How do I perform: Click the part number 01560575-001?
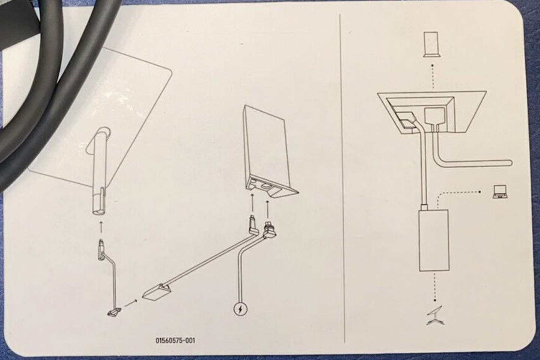(x=175, y=340)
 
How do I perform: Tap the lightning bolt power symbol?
(x=240, y=309)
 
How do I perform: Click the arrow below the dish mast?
(x=101, y=227)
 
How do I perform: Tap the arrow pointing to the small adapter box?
(x=131, y=304)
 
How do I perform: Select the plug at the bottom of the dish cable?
(x=114, y=313)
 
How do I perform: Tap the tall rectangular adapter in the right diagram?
(x=434, y=240)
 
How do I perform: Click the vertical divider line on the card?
(x=342, y=178)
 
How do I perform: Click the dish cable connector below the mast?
(x=101, y=250)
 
